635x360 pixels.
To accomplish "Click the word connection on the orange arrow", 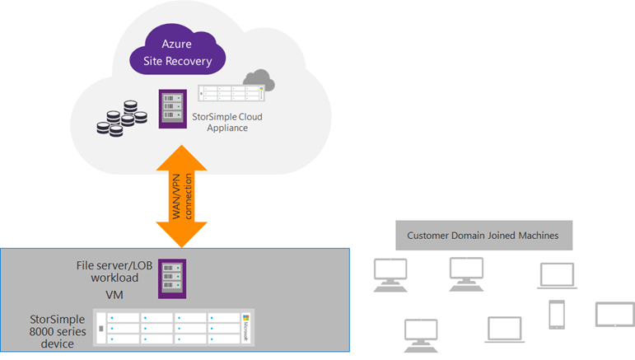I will [189, 195].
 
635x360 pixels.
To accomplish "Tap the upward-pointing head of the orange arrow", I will [182, 155].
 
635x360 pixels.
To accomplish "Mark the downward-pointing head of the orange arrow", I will [182, 236].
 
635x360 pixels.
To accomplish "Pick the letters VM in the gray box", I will [114, 294].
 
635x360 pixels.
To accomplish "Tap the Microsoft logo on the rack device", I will [245, 328].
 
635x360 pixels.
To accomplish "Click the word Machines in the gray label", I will [536, 236].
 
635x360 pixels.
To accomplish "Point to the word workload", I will [114, 279].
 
